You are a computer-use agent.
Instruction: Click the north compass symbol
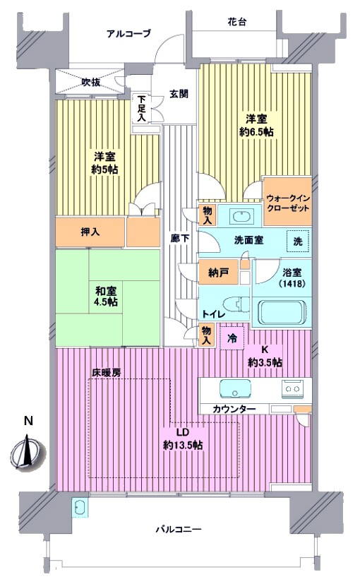tap(27, 453)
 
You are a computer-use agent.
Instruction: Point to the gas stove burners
tap(292, 389)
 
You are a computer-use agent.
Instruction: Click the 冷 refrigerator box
tap(232, 338)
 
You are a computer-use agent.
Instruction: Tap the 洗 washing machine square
tap(298, 242)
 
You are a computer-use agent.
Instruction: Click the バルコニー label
tap(179, 529)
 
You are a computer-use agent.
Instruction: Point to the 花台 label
tap(236, 22)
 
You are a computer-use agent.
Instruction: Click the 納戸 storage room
tap(218, 273)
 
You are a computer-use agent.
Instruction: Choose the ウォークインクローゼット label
tap(288, 203)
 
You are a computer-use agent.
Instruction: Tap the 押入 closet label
tap(90, 232)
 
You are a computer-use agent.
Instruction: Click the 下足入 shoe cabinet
tap(141, 108)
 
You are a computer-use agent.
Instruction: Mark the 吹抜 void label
tap(91, 83)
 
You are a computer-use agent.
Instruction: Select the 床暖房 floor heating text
tap(106, 373)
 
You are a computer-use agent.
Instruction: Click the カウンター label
tap(234, 409)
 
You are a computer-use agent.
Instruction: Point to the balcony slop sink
tap(80, 508)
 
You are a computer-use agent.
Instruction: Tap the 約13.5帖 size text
tap(183, 445)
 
